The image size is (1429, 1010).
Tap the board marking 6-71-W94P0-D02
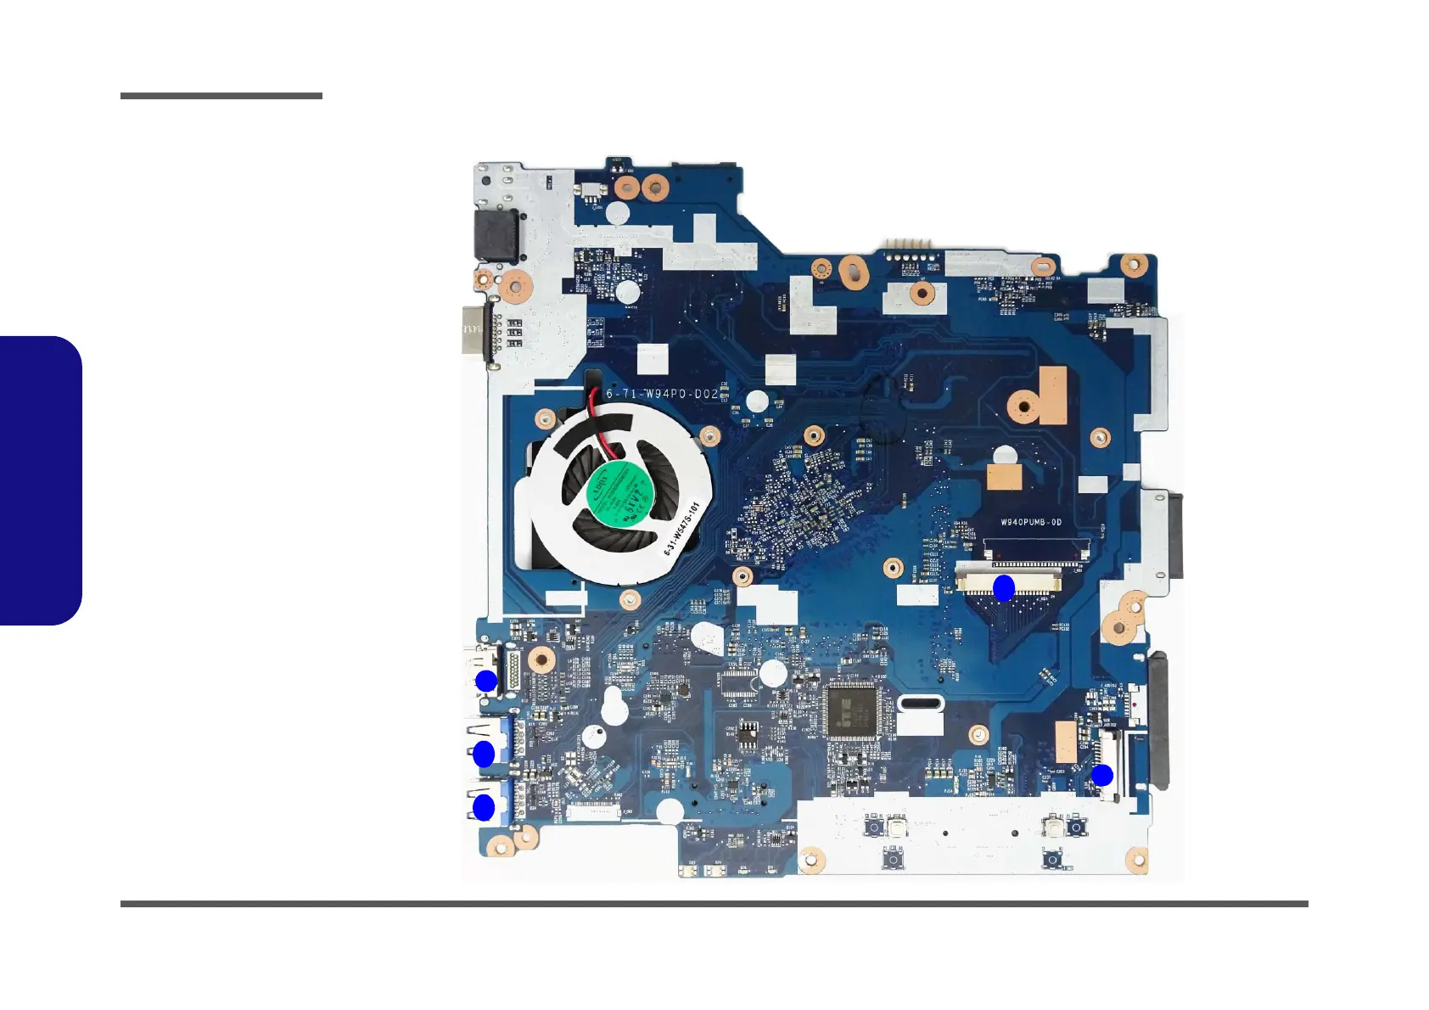click(661, 394)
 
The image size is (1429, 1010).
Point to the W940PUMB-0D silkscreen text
click(1030, 522)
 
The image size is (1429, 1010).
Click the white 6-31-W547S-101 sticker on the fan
click(681, 529)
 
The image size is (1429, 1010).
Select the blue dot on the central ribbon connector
click(1004, 587)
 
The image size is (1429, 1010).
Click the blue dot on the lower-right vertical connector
click(1101, 775)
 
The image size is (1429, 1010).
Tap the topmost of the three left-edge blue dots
click(485, 681)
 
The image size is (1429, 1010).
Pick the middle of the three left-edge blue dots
click(484, 754)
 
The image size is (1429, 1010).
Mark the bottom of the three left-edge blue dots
click(484, 808)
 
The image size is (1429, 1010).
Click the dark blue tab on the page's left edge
click(41, 480)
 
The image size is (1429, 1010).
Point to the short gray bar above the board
click(221, 96)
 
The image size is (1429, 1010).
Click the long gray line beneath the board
click(714, 904)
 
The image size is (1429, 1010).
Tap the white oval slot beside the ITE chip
click(919, 703)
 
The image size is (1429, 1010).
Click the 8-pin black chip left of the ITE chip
click(748, 734)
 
